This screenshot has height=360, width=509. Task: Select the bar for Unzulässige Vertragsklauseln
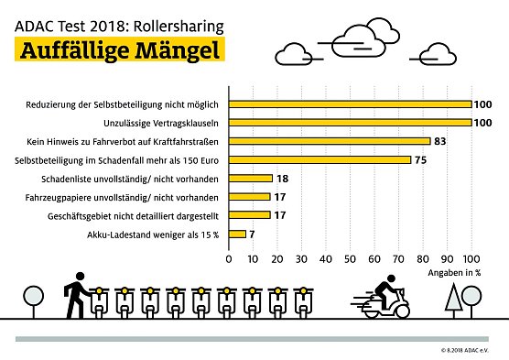350,123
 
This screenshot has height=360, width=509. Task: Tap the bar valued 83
329,141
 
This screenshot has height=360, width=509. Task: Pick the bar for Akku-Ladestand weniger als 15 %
237,234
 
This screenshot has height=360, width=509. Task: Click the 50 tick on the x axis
350,259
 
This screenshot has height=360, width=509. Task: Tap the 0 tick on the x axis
229,259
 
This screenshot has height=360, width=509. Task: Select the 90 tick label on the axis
448,259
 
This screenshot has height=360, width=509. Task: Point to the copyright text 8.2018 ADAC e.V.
467,350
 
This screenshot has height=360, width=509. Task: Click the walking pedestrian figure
74,298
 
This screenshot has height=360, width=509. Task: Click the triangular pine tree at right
454,300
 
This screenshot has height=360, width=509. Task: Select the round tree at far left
34,299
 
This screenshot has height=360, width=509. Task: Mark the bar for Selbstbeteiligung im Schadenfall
319,159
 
